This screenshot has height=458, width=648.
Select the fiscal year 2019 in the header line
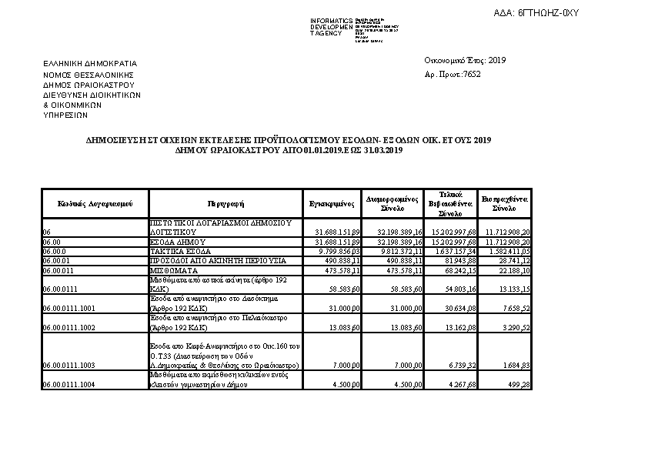coord(498,60)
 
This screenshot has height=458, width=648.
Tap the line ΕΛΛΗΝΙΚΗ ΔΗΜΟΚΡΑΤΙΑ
coord(90,63)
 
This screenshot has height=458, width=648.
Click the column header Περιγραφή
coord(225,204)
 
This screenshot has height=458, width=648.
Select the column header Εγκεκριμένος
coord(331,204)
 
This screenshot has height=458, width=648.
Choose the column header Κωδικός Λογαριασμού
coord(95,204)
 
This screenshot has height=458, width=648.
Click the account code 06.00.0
coord(55,251)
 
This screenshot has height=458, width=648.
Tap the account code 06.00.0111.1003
coord(69,365)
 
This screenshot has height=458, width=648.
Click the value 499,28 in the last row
coord(518,384)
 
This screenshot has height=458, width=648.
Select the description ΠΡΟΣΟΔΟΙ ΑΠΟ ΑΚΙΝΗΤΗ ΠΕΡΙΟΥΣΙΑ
coord(218,260)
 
